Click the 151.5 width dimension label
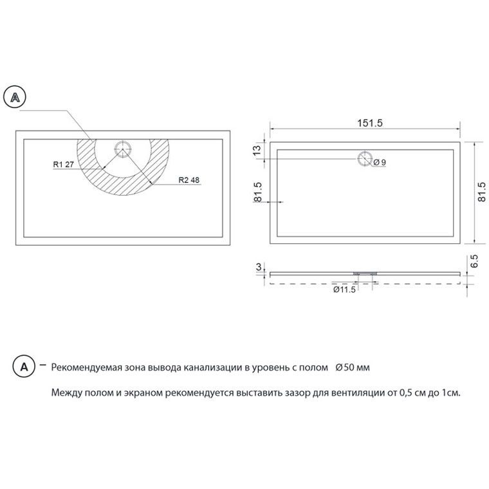[x=369, y=123]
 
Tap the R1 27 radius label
[x=63, y=164]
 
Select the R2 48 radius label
[x=189, y=180]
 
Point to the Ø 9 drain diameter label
[x=380, y=162]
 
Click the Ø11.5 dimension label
[x=344, y=290]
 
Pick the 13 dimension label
[x=257, y=151]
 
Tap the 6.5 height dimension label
[x=474, y=261]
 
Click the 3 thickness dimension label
[x=259, y=267]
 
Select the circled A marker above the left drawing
[x=15, y=97]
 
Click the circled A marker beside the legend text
[x=24, y=367]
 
